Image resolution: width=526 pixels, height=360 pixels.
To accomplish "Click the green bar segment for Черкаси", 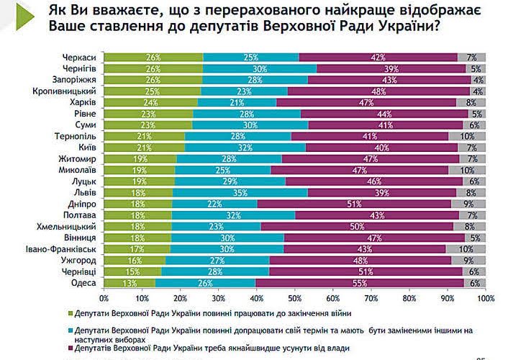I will tap(153, 56).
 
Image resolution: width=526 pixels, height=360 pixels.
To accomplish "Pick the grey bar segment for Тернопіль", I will tap(467, 135).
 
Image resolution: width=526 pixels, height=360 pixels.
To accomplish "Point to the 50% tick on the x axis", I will tap(295, 297).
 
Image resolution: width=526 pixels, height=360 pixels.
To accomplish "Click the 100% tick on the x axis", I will tap(486, 297).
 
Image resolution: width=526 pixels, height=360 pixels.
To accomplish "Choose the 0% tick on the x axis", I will tap(104, 297).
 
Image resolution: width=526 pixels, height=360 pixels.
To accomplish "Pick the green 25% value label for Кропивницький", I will tap(153, 91).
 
